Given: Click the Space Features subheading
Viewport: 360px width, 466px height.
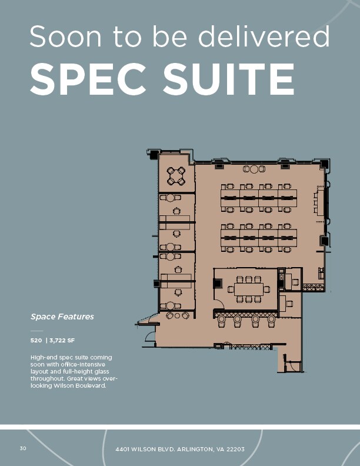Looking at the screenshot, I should [x=62, y=317].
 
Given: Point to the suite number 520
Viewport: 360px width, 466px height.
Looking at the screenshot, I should [x=36, y=341].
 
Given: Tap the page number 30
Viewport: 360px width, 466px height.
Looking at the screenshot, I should [x=23, y=449].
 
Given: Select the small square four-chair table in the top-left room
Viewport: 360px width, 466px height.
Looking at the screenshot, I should [x=176, y=175].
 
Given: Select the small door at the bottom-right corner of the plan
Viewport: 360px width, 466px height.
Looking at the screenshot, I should [x=292, y=366].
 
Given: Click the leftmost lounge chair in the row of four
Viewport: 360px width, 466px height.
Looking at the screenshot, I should [x=222, y=321].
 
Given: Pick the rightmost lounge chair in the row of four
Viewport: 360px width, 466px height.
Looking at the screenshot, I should [x=271, y=321].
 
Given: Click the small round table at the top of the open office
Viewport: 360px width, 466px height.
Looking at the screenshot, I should [x=254, y=169].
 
